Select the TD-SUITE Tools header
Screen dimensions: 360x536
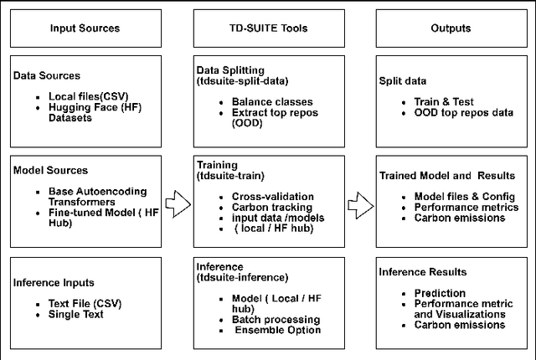267,28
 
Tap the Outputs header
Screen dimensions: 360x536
451,28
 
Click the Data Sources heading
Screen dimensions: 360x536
48,75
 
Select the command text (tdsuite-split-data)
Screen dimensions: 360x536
245,81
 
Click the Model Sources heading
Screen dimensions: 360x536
51,170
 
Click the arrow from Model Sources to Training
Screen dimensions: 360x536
178,202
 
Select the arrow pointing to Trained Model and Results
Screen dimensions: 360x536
358,202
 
